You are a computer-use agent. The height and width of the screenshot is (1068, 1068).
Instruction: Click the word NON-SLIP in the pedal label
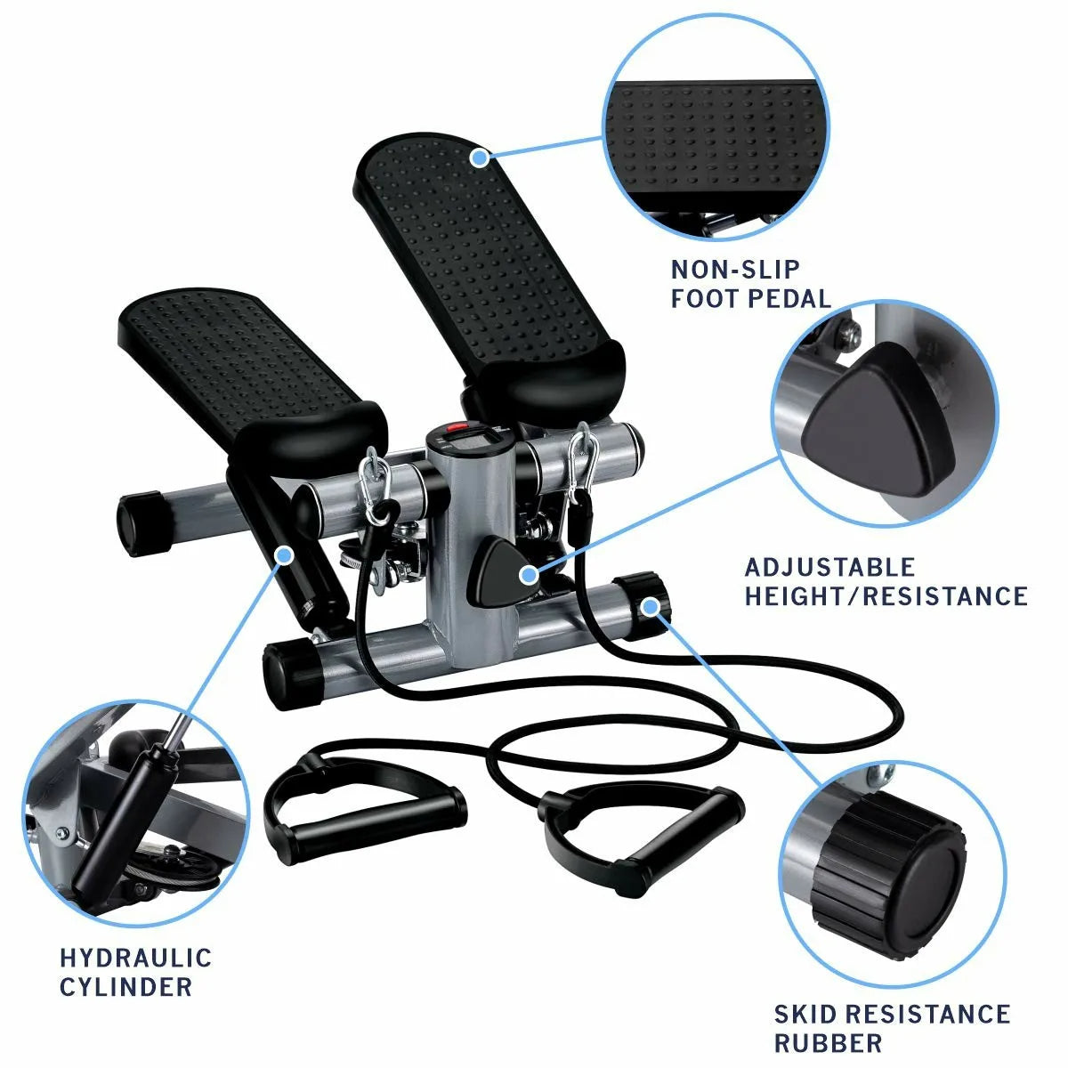coord(723,269)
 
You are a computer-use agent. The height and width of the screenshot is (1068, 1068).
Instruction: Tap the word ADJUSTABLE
coord(817,567)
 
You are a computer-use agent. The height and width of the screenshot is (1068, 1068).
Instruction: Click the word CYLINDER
coord(125,986)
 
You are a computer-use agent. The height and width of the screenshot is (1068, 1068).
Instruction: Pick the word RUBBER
coord(828,1042)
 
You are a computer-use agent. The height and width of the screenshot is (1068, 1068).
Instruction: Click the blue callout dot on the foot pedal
coord(480,158)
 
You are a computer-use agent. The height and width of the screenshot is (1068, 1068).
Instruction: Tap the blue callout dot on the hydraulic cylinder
coord(285,555)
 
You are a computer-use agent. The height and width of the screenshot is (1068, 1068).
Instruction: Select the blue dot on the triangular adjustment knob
coord(529,573)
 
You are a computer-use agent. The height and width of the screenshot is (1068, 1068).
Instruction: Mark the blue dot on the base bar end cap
coord(651,607)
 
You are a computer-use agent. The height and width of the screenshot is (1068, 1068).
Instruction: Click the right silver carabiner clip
coord(581,458)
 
